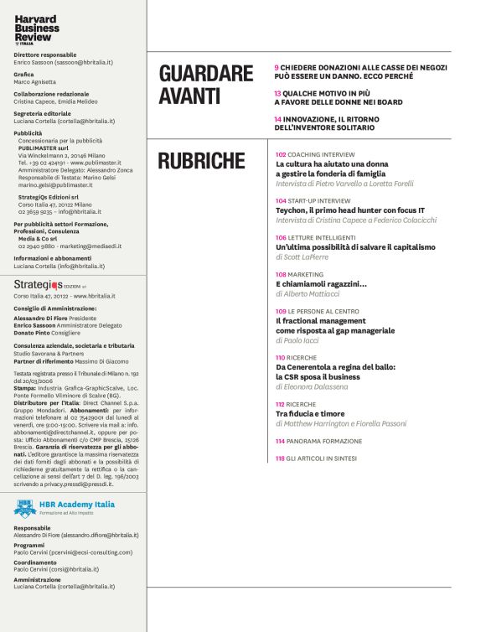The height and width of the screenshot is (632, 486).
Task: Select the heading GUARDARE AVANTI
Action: point(205,85)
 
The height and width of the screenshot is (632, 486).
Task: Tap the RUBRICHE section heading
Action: point(201,161)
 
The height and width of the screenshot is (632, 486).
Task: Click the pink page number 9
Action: point(277,67)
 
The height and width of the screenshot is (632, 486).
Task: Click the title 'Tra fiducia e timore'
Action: point(313,413)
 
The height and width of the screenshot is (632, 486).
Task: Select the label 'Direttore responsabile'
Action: point(45,54)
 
